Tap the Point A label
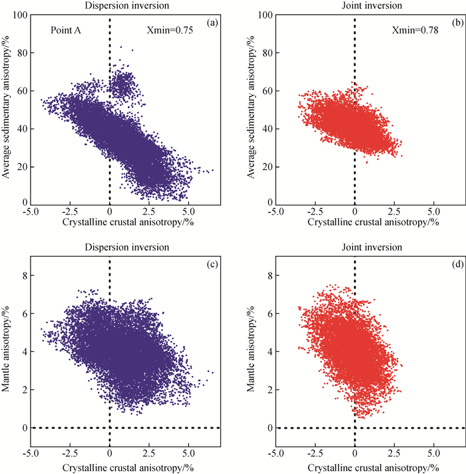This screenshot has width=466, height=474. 64,30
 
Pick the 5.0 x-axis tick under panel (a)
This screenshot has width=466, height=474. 188,211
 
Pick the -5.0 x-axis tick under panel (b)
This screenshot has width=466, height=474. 274,211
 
